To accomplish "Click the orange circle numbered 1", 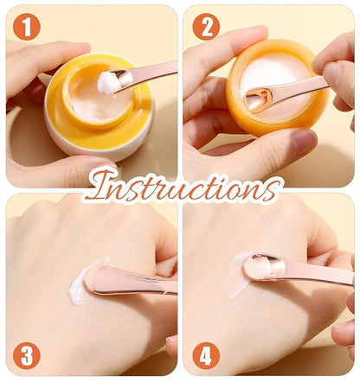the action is (27, 27).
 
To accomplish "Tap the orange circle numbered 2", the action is (206, 27).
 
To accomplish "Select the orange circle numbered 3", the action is (27, 355).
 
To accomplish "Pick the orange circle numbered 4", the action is (206, 355).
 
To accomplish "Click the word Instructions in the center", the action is (183, 188).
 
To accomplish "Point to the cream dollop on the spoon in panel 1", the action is (107, 83).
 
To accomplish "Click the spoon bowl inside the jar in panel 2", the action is (258, 99).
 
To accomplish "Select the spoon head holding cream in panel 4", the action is (264, 266).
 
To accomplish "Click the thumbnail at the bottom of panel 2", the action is (303, 141).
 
